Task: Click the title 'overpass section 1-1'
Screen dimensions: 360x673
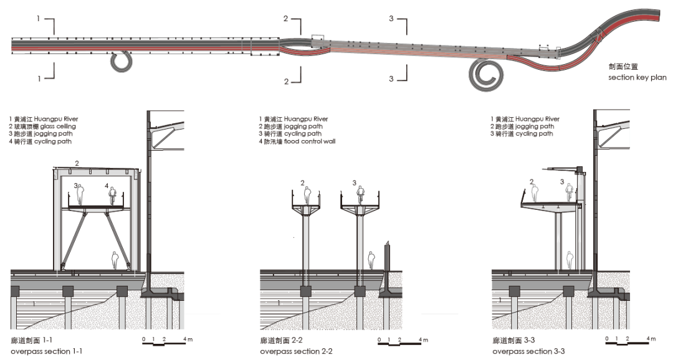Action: [47, 352]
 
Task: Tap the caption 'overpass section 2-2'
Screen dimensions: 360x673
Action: [296, 352]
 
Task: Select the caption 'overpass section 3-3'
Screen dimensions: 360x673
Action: [528, 352]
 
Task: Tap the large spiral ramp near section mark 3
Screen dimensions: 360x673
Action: [485, 75]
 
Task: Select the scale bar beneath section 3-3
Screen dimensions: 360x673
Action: [629, 340]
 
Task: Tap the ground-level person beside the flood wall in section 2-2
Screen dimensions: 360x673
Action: [371, 260]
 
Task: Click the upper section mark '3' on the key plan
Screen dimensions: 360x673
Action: [391, 19]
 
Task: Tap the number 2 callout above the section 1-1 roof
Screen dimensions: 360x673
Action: [77, 163]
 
